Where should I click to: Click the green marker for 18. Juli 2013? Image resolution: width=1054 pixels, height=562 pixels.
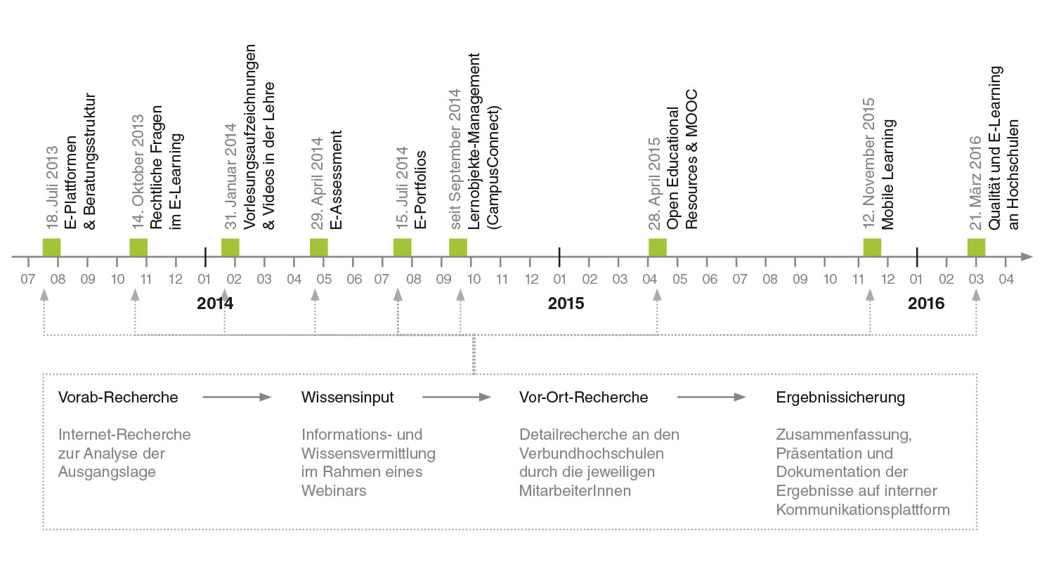(52, 247)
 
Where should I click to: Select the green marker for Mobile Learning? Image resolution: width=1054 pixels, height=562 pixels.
(872, 247)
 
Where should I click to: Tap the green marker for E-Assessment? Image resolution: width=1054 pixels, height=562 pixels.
(319, 247)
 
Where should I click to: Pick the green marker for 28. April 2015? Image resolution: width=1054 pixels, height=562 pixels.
(658, 247)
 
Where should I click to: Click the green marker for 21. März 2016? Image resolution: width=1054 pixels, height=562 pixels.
(976, 247)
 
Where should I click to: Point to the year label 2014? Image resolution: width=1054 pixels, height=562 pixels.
(215, 304)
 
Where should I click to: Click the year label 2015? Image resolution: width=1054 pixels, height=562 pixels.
(566, 304)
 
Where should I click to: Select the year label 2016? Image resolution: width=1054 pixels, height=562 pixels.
(926, 304)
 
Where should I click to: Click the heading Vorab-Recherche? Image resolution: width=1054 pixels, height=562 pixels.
(118, 398)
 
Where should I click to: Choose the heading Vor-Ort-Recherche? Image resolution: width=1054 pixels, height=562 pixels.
(583, 398)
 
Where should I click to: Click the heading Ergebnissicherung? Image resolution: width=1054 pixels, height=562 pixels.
(840, 398)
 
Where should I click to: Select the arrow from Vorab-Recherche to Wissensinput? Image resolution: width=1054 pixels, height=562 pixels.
(237, 398)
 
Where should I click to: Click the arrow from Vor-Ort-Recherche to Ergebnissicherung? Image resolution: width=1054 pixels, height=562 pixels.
(711, 398)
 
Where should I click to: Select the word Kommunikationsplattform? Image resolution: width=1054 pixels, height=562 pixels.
(863, 509)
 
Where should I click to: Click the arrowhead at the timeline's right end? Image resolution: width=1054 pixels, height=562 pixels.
(1027, 256)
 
